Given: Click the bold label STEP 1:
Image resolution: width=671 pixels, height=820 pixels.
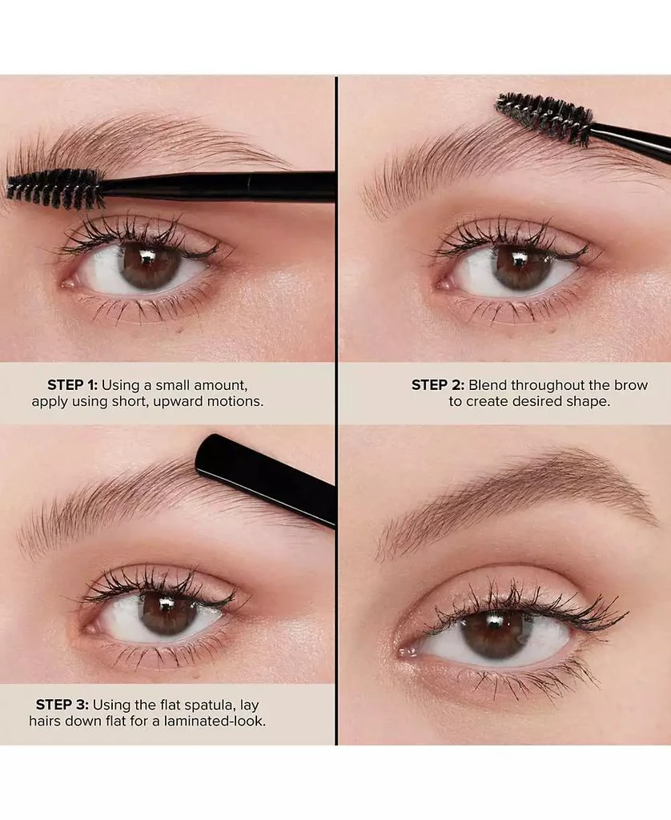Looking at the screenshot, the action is pyautogui.click(x=72, y=385).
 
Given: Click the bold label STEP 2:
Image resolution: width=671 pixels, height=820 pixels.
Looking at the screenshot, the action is pyautogui.click(x=438, y=385).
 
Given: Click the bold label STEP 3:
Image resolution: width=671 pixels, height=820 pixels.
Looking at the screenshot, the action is pyautogui.click(x=62, y=705).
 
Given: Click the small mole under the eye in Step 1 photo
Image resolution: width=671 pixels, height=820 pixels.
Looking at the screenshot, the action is pyautogui.click(x=179, y=330).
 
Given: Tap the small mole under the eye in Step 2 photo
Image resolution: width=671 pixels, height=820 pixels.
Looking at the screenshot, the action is pyautogui.click(x=552, y=329).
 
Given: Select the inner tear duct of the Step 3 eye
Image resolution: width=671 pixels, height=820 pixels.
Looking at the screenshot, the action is pyautogui.click(x=92, y=627).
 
